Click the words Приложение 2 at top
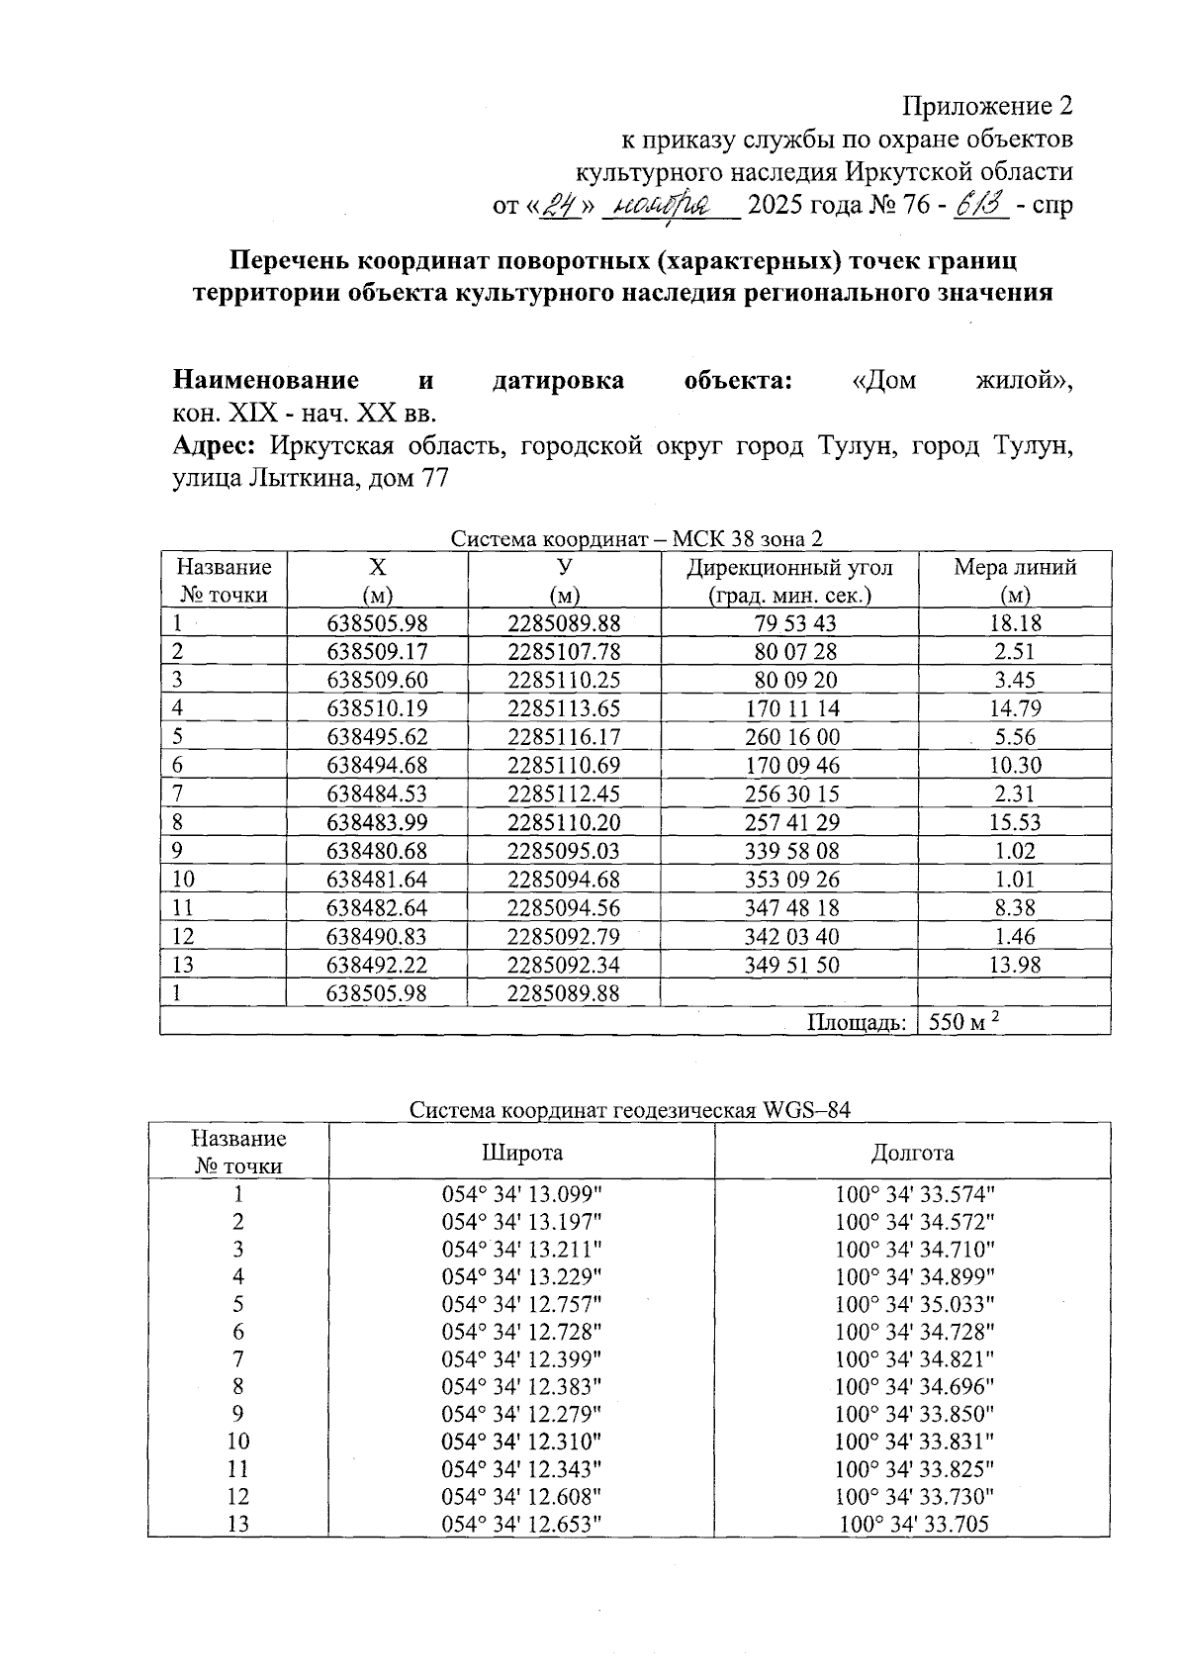(987, 105)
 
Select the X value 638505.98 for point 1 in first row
(377, 623)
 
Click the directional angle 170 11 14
(789, 708)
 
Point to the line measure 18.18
(1015, 623)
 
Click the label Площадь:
(857, 1022)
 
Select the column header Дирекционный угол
(789, 568)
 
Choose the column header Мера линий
(1015, 568)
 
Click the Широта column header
(522, 1152)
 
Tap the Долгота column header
(912, 1152)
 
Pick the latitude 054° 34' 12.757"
(521, 1304)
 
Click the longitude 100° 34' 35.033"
(914, 1304)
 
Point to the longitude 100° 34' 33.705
(914, 1525)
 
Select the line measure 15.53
(1015, 822)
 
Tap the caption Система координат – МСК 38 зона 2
(636, 539)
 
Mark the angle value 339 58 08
(789, 851)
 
